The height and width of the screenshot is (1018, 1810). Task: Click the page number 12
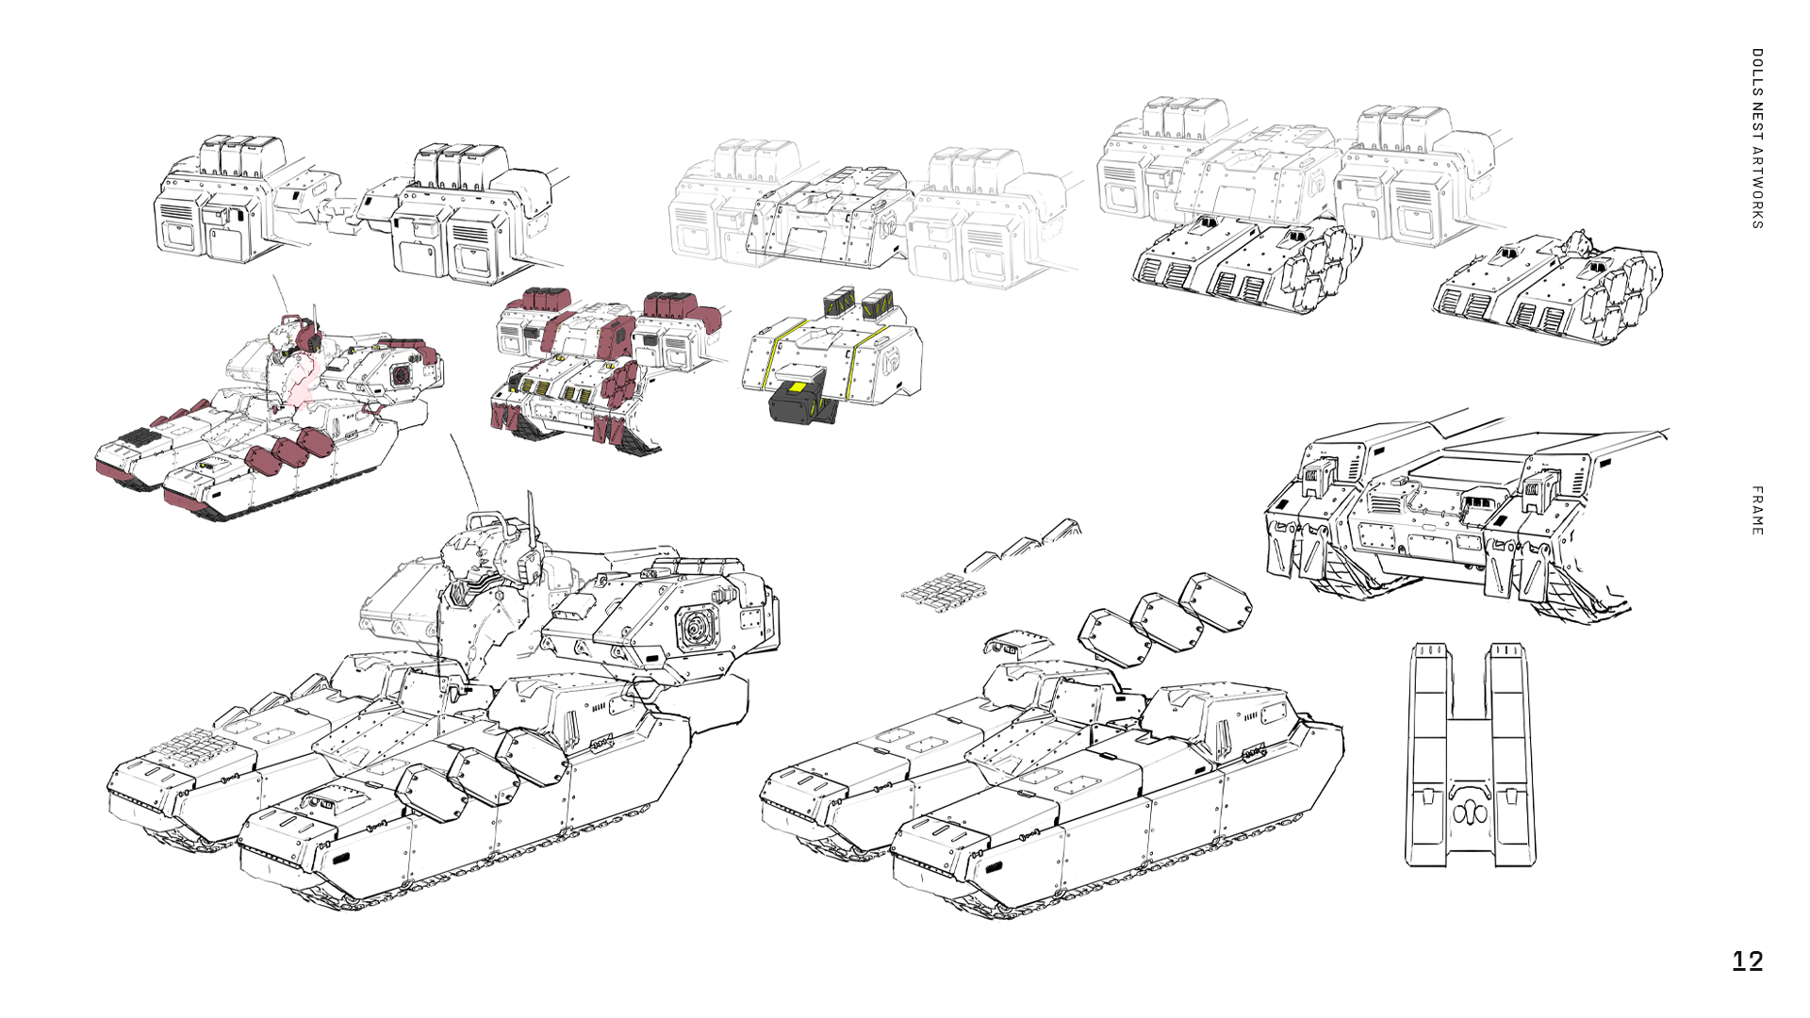[1748, 961]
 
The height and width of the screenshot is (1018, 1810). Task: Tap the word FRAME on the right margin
[1757, 511]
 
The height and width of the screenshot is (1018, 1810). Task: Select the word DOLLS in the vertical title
[1757, 72]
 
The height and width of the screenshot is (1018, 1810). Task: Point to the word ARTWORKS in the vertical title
[1757, 188]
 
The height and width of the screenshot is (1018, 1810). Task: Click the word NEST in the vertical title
[1757, 120]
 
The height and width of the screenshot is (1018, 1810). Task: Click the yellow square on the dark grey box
[797, 388]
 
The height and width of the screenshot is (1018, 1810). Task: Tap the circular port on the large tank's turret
[698, 627]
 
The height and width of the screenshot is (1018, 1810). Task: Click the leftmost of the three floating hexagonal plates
[1114, 638]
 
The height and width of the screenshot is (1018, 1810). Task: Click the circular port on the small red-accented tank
[403, 374]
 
